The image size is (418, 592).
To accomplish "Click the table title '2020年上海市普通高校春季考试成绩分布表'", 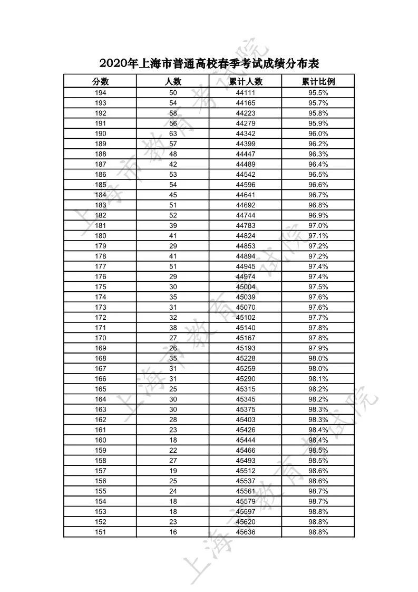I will click(x=209, y=64).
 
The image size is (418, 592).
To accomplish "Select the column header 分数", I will click(x=100, y=81).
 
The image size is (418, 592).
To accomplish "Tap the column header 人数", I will click(x=173, y=81).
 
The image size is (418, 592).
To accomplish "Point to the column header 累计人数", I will click(x=246, y=81).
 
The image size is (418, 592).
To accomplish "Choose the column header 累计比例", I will click(x=318, y=81).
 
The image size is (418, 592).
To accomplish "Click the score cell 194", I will click(x=100, y=93).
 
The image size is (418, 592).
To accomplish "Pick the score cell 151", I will click(x=100, y=532).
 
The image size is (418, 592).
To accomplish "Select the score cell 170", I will click(x=100, y=338).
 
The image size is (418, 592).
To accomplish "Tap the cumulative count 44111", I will click(x=246, y=93).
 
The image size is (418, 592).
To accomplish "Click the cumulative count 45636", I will click(x=246, y=532).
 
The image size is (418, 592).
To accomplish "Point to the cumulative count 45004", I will click(x=246, y=287).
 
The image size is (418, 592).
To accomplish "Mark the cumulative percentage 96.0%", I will click(x=318, y=133).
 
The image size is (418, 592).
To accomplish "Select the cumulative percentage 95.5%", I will click(x=318, y=93).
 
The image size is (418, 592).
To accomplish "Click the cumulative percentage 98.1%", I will click(x=318, y=379).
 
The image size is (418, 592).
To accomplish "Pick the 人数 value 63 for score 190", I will click(x=173, y=133).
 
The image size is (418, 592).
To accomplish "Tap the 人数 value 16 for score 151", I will click(x=173, y=532).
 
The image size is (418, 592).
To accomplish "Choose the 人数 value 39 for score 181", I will click(x=173, y=225).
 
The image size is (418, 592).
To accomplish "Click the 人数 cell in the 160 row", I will click(x=173, y=440).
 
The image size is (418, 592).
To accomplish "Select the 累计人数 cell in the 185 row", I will click(x=246, y=185).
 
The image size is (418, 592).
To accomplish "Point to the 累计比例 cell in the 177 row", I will click(x=318, y=266).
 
